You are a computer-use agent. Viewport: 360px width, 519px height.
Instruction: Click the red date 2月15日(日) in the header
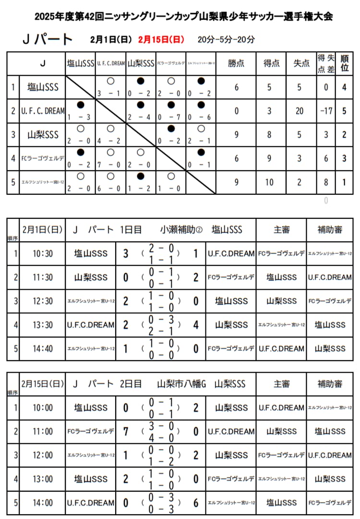(x=161, y=39)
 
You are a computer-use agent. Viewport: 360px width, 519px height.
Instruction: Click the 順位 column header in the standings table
(x=344, y=63)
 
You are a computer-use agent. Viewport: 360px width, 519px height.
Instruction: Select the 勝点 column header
(x=236, y=63)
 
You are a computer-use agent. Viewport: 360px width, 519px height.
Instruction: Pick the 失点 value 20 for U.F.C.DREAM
(x=300, y=111)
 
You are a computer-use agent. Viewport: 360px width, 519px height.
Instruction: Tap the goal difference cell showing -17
(x=326, y=111)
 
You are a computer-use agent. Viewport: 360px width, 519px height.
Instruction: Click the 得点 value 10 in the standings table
(x=269, y=182)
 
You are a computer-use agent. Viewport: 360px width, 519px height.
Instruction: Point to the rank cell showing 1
(x=344, y=182)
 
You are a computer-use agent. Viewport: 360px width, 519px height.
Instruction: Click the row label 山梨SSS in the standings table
(x=43, y=135)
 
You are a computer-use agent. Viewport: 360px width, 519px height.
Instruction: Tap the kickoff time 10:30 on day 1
(x=43, y=253)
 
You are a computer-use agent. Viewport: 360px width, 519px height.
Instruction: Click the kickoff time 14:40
(x=43, y=349)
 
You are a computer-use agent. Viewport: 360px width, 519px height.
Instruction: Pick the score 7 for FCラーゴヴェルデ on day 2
(x=126, y=431)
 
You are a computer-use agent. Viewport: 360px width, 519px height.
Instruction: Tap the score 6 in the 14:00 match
(x=195, y=503)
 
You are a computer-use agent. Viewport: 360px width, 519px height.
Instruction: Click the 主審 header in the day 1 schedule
(x=281, y=230)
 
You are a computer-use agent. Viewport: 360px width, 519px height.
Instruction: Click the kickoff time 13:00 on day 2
(x=43, y=479)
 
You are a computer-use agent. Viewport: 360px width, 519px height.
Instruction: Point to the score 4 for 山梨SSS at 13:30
(x=195, y=325)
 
